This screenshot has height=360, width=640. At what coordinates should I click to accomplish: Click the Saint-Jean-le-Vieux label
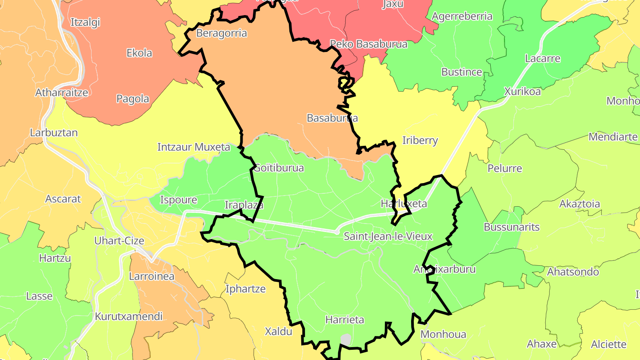pyautogui.click(x=388, y=236)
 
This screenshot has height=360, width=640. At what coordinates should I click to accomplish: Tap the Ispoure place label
pyautogui.click(x=178, y=200)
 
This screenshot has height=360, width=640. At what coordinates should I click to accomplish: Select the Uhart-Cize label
pyautogui.click(x=119, y=241)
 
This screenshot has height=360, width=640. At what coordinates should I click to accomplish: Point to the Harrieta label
pyautogui.click(x=344, y=320)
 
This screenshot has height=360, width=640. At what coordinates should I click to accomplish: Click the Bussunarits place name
pyautogui.click(x=512, y=227)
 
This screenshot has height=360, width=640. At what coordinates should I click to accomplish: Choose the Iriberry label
pyautogui.click(x=420, y=140)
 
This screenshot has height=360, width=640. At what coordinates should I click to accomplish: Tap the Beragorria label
pyautogui.click(x=221, y=33)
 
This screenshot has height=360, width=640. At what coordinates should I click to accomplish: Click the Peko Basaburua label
pyautogui.click(x=368, y=44)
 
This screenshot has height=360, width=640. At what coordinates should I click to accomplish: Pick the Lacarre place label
pyautogui.click(x=542, y=59)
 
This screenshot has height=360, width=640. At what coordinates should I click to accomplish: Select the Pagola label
pyautogui.click(x=132, y=99)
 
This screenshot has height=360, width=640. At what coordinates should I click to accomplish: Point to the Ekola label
pyautogui.click(x=139, y=53)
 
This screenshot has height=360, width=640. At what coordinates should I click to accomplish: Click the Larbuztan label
pyautogui.click(x=54, y=132)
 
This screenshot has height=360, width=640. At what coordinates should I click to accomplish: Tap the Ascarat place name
pyautogui.click(x=63, y=199)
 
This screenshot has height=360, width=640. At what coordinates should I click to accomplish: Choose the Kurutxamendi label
pyautogui.click(x=128, y=316)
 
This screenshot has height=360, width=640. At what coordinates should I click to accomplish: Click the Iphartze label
pyautogui.click(x=245, y=289)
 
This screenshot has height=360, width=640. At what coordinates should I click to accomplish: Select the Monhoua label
pyautogui.click(x=443, y=334)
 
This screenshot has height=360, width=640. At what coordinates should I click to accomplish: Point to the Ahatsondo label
pyautogui.click(x=573, y=272)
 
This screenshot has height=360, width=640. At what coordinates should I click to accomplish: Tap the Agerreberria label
pyautogui.click(x=462, y=16)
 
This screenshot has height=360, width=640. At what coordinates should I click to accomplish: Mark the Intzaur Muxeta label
pyautogui.click(x=194, y=147)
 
